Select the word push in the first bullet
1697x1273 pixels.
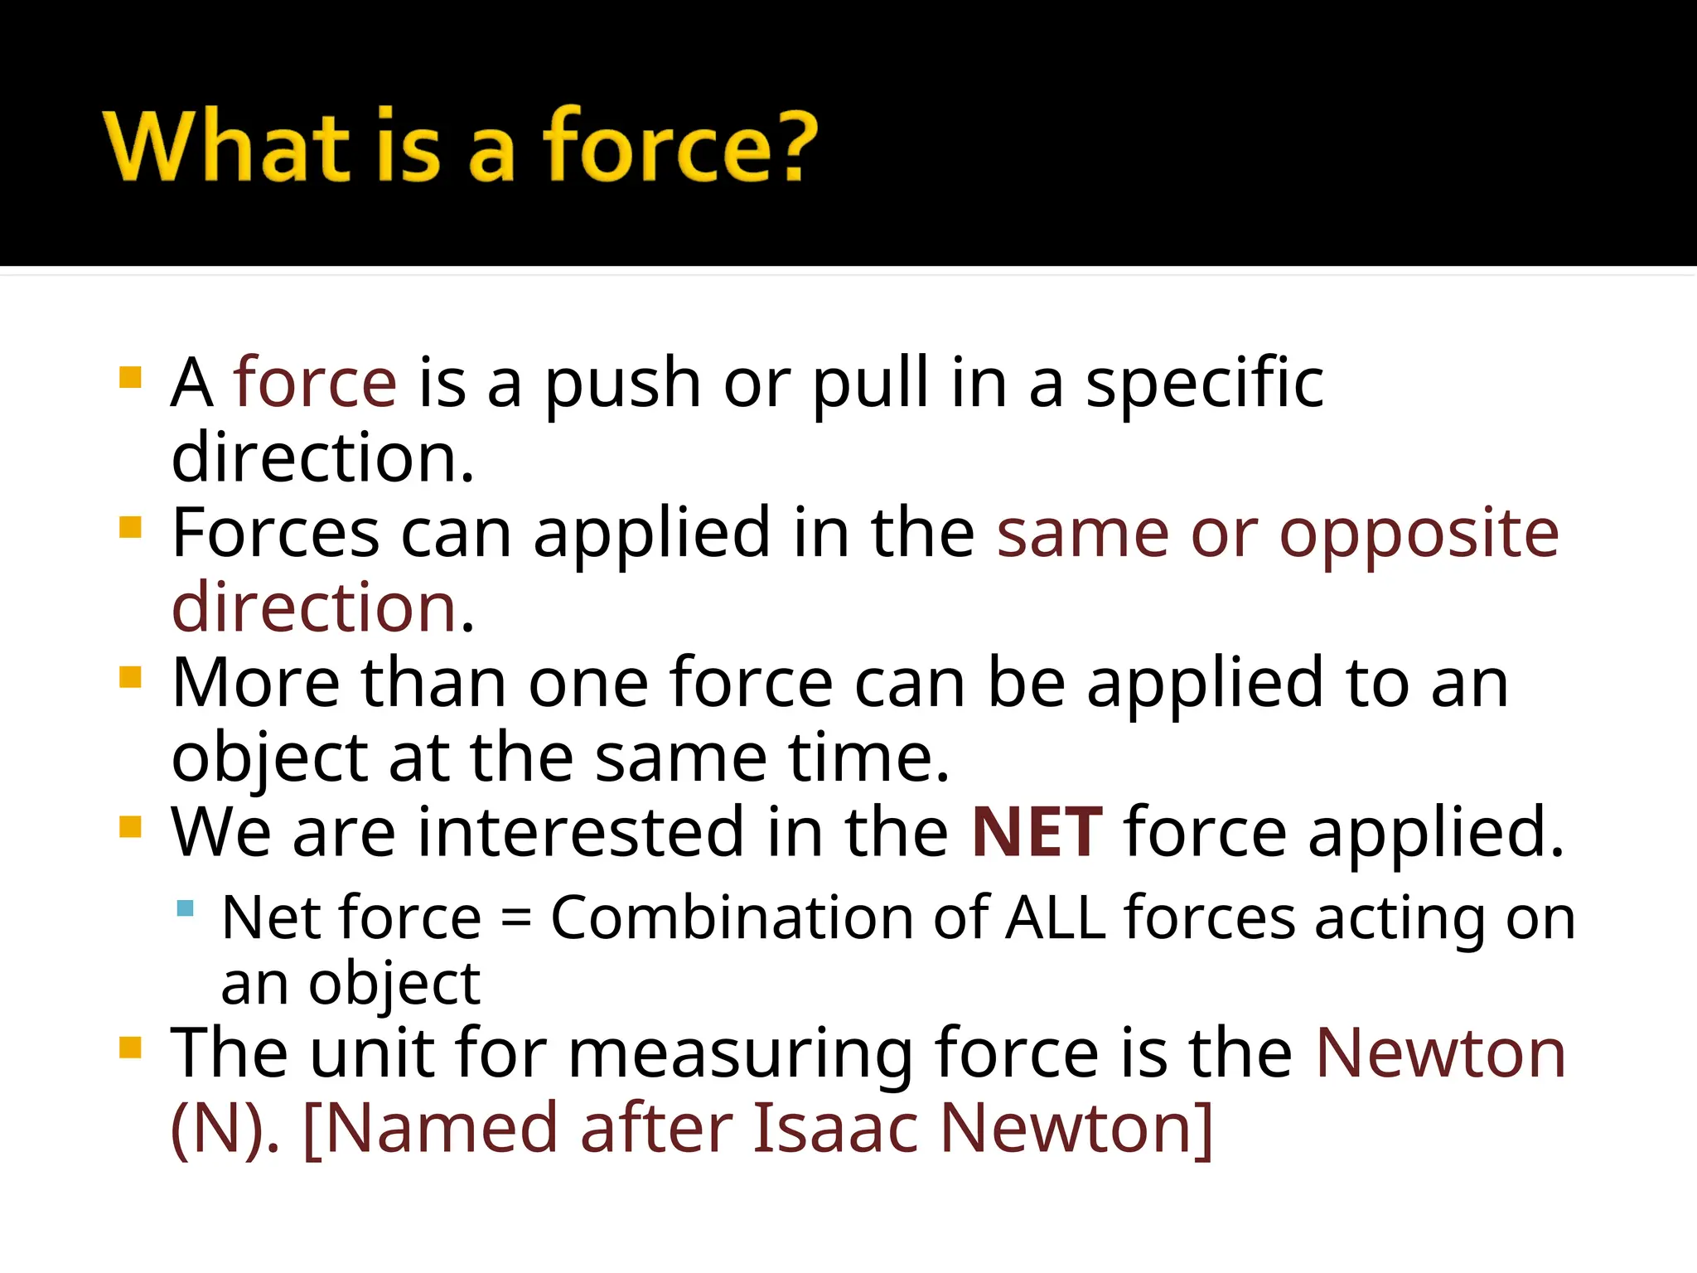[622, 384]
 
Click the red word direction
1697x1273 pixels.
[314, 608]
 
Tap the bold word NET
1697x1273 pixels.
[1037, 832]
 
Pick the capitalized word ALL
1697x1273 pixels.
[1056, 918]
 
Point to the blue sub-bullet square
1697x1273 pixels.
[186, 908]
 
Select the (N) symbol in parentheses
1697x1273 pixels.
[223, 1129]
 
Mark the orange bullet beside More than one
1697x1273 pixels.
[131, 677]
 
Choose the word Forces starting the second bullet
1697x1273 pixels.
[275, 535]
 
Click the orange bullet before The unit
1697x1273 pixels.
[131, 1048]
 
